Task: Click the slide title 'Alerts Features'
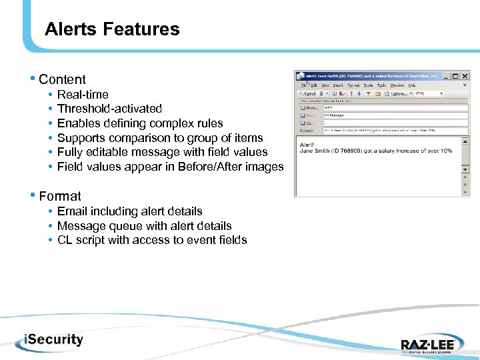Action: (112, 29)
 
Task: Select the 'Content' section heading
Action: (62, 79)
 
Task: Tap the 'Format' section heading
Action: (60, 196)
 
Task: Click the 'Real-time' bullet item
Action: (83, 95)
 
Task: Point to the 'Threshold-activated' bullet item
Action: (109, 109)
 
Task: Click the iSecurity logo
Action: (45, 339)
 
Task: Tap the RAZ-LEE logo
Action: (427, 344)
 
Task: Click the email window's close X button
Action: (465, 76)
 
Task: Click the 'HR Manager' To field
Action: (338, 115)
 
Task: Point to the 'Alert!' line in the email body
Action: (307, 143)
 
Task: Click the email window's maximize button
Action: (456, 76)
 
